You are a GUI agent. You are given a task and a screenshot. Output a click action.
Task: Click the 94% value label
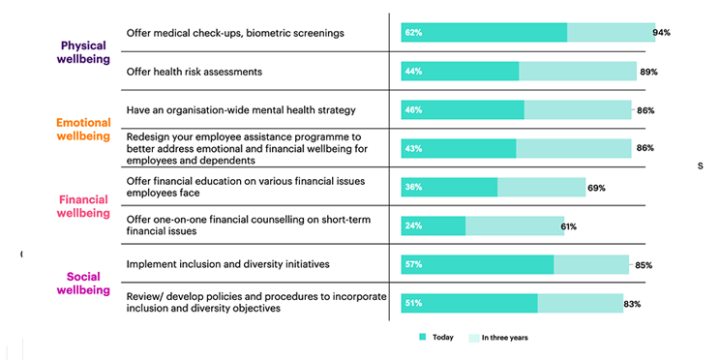(x=661, y=33)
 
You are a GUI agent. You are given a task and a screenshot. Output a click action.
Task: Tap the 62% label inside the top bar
(x=413, y=33)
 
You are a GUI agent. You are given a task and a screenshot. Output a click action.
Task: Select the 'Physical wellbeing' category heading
(x=84, y=53)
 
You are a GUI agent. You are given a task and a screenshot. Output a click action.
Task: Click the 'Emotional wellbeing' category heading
(x=83, y=130)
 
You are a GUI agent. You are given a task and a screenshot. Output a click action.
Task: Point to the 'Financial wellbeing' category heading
(x=84, y=206)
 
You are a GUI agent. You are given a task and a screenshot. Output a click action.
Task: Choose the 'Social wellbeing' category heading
(x=83, y=283)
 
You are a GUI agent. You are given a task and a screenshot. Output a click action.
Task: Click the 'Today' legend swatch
(x=422, y=338)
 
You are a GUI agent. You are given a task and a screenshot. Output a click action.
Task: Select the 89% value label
(x=649, y=72)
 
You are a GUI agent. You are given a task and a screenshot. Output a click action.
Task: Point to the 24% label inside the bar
(x=413, y=226)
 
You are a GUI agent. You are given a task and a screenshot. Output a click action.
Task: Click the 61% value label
(x=569, y=226)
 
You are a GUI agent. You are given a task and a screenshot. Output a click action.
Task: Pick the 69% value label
(x=596, y=188)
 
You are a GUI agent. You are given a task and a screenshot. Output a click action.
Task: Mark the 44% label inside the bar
(x=413, y=72)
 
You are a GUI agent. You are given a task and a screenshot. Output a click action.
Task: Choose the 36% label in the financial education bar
(x=413, y=188)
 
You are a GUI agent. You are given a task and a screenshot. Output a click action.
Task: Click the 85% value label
(x=643, y=265)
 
